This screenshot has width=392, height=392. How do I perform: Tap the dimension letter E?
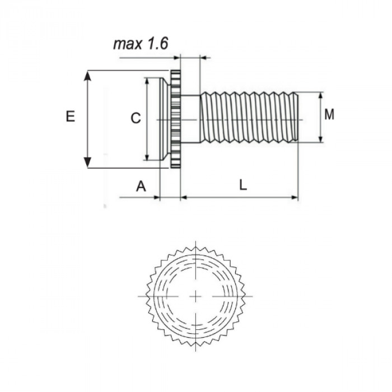pos(70,116)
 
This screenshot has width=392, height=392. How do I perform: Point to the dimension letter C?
pos(135,118)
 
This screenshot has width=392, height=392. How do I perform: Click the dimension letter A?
pos(141,186)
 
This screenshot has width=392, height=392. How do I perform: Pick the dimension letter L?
pos(242,186)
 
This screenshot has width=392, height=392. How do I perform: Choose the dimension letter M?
pos(329,115)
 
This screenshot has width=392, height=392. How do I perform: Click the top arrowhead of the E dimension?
pos(87,76)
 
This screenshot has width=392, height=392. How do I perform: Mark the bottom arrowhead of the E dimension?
pos(87,162)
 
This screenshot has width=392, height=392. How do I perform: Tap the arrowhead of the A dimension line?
pos(157,198)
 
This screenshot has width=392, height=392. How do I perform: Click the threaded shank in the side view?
pos(249,118)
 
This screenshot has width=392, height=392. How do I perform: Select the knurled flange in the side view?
pos(175,119)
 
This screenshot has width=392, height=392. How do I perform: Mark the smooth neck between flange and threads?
pos(190,118)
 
